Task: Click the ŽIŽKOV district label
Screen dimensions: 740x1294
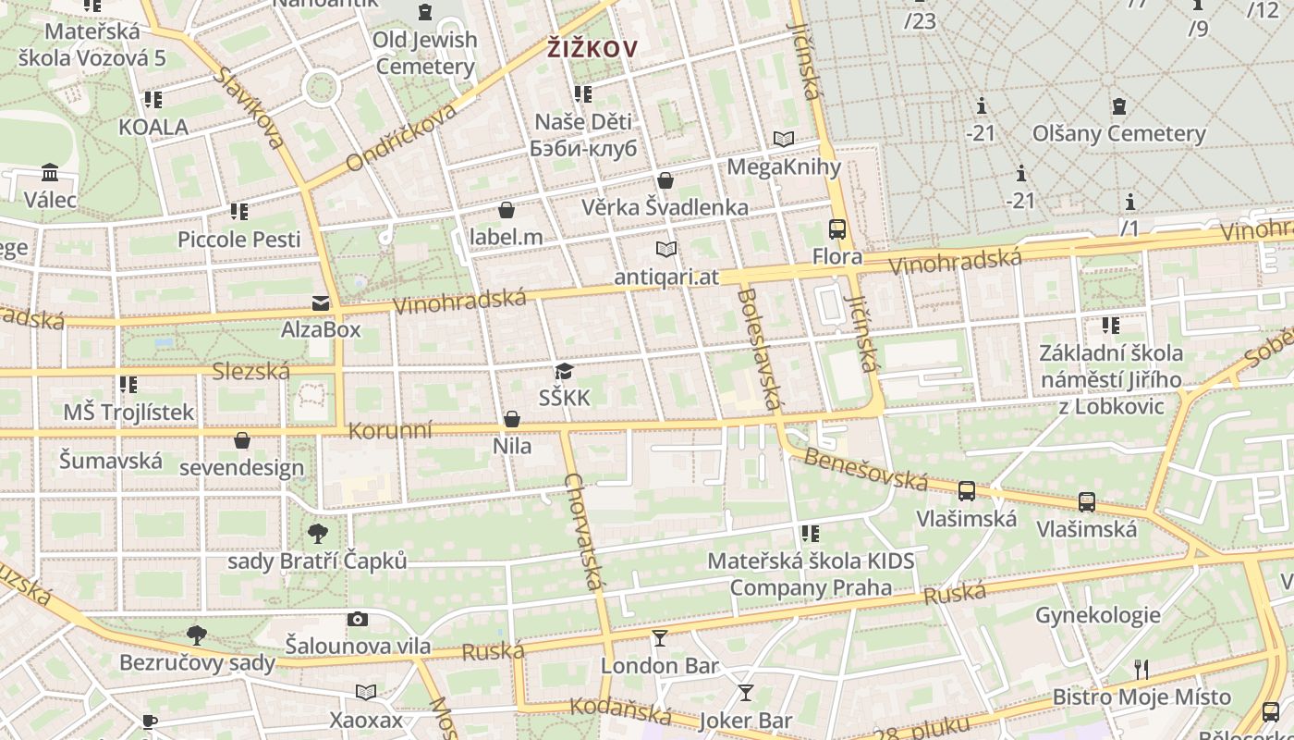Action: click(x=592, y=48)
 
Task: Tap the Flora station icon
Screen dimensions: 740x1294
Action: click(x=837, y=229)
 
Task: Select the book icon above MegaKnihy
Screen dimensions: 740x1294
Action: click(x=784, y=140)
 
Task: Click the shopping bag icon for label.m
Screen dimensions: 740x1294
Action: click(x=506, y=210)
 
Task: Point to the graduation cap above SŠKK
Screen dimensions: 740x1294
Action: click(x=564, y=372)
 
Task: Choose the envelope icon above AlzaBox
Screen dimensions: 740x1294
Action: click(x=321, y=302)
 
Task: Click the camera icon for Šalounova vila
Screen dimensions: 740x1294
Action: click(x=358, y=619)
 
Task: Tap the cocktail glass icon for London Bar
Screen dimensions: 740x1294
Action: click(x=660, y=638)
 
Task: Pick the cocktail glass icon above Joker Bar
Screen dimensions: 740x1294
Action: click(x=746, y=693)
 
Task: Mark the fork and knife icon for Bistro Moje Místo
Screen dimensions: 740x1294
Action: click(x=1141, y=670)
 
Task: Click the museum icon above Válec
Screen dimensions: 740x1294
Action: click(x=50, y=173)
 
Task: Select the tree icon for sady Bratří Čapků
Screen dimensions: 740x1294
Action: click(x=318, y=534)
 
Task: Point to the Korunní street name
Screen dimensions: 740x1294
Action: click(x=390, y=430)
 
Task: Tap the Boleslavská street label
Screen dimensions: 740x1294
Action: click(x=760, y=347)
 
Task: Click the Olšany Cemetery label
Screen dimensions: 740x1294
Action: click(x=1119, y=133)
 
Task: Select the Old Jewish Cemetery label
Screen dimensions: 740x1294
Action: click(x=425, y=53)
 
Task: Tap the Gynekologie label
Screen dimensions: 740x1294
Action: click(x=1097, y=615)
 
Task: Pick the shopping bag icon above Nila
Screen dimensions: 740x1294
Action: click(x=512, y=420)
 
